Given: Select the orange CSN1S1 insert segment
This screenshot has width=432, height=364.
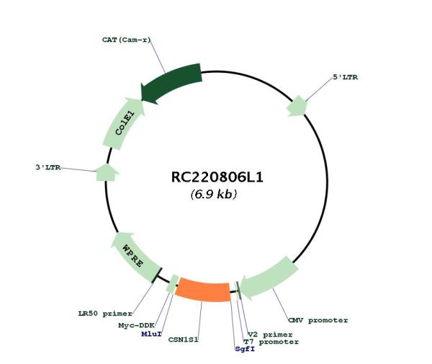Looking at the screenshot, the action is [203, 291].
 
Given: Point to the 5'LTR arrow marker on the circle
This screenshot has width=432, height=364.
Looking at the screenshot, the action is [297, 106].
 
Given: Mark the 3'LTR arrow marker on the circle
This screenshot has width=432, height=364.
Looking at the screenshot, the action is [107, 172].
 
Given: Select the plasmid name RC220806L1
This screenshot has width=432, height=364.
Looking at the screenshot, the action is [217, 177].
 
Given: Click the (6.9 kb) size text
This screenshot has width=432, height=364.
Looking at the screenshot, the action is [214, 194].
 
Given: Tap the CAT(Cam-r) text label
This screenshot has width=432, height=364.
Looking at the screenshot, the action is [127, 40].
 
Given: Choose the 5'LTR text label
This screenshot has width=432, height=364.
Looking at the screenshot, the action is [346, 77].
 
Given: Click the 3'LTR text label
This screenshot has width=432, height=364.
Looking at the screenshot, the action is [48, 167].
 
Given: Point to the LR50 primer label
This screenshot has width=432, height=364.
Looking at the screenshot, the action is [105, 314].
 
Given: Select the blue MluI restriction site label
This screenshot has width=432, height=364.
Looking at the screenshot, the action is [151, 334].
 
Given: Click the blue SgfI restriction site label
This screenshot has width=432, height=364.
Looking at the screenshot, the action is [245, 349].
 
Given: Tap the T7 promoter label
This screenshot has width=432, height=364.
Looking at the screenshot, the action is [271, 342].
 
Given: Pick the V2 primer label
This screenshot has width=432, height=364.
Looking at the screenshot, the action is [270, 334].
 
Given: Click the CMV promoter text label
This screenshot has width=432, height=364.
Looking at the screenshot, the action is [318, 321].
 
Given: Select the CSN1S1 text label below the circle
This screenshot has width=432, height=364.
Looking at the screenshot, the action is [183, 339].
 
